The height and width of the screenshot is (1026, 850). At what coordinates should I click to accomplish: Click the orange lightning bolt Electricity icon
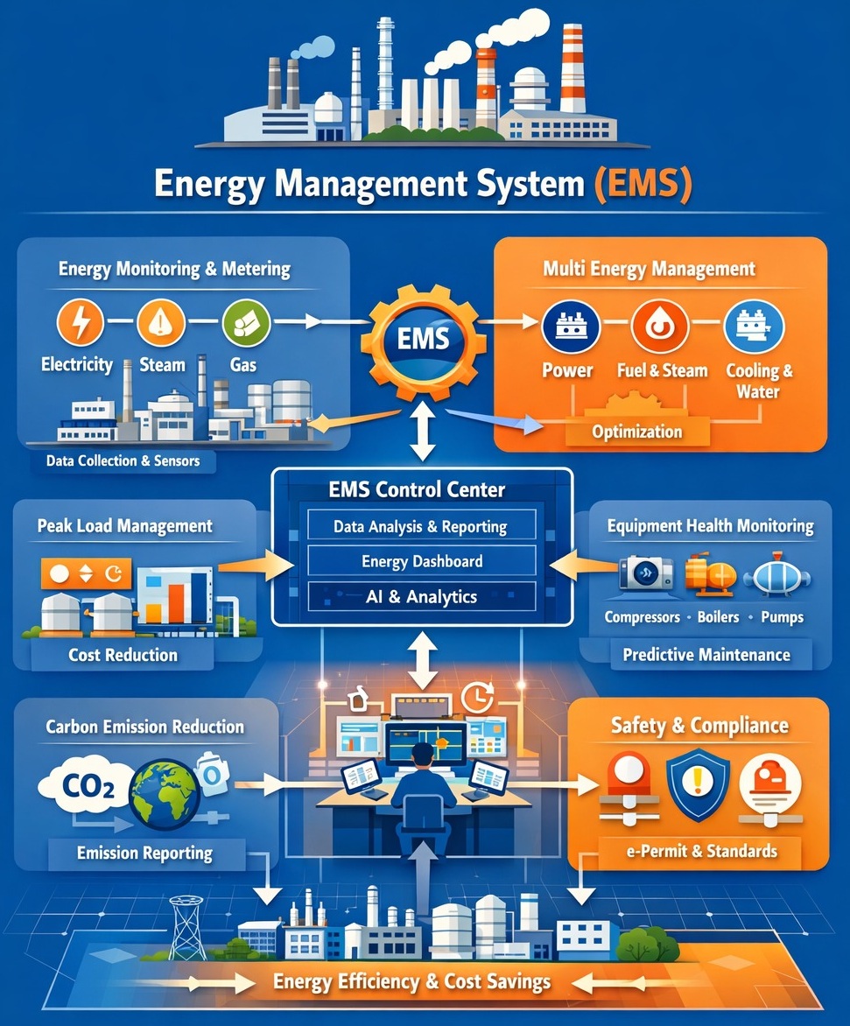point(80,322)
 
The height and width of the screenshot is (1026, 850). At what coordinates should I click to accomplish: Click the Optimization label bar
point(636,432)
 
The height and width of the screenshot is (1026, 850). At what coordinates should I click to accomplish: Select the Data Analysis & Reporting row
point(420,527)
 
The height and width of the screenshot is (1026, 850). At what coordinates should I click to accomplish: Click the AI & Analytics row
point(421,597)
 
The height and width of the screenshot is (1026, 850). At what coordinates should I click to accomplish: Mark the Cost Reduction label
point(123,655)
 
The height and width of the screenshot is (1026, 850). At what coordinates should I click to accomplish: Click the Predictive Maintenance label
point(706,654)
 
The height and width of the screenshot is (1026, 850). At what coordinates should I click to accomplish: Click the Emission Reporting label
point(145,853)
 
